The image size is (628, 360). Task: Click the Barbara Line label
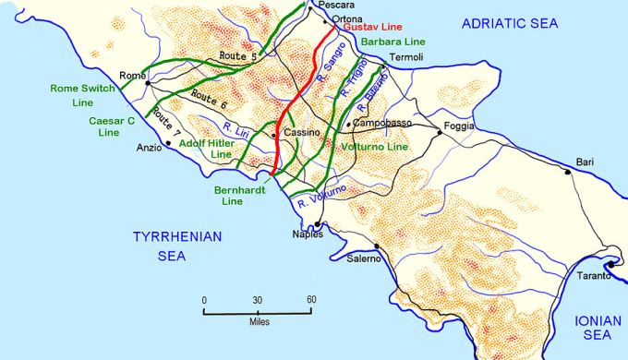(393, 42)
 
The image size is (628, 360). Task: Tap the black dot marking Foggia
(441, 133)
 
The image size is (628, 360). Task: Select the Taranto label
(595, 276)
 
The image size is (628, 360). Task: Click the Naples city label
(308, 234)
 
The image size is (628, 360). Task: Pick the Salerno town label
(364, 258)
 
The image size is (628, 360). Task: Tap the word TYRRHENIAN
(175, 236)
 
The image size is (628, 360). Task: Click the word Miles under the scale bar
(259, 323)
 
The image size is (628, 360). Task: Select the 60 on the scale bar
(311, 300)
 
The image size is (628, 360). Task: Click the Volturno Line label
(374, 148)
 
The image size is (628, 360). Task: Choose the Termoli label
(406, 57)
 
